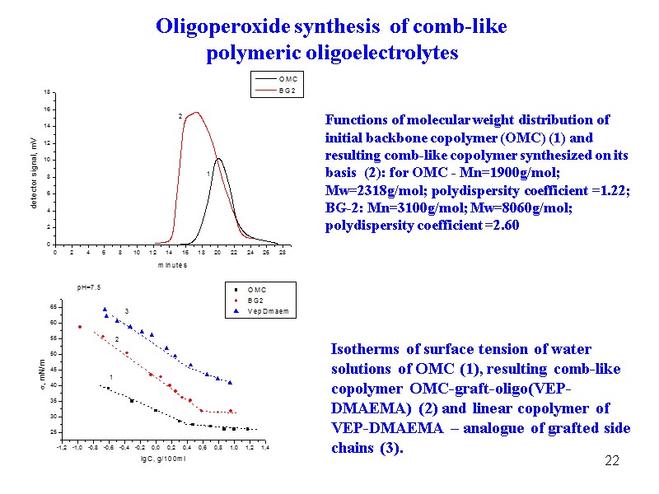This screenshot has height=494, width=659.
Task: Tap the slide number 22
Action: pyautogui.click(x=611, y=459)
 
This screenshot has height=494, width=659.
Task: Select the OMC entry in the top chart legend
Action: pyautogui.click(x=287, y=79)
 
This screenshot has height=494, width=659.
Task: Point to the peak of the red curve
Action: pyautogui.click(x=196, y=112)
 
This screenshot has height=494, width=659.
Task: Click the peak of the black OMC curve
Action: pyautogui.click(x=218, y=158)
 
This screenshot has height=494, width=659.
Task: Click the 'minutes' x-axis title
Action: pyautogui.click(x=172, y=264)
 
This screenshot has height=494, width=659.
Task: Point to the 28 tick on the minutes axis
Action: pyautogui.click(x=283, y=252)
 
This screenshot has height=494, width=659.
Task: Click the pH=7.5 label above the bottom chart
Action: pyautogui.click(x=89, y=287)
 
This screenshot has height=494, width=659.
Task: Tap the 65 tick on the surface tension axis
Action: pyautogui.click(x=53, y=307)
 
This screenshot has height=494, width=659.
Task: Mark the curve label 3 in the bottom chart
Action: pyautogui.click(x=127, y=310)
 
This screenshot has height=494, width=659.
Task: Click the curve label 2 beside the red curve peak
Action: pyautogui.click(x=180, y=117)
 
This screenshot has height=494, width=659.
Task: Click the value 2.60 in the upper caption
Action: pyautogui.click(x=505, y=225)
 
